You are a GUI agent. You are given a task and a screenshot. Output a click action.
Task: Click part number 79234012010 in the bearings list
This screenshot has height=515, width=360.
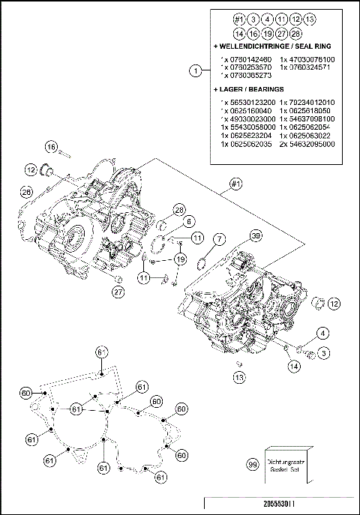tap(307, 101)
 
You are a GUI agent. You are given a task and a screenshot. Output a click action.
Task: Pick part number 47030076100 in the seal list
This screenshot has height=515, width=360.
tap(307, 58)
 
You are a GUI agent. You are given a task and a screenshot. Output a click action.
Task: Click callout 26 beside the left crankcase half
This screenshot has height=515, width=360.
tap(26, 192)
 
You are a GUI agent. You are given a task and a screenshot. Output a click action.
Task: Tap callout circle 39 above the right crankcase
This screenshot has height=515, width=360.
tap(255, 236)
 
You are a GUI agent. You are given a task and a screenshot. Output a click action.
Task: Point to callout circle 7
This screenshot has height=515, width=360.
tap(219, 239)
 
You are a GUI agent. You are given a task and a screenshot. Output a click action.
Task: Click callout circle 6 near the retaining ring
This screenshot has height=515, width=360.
tap(189, 221)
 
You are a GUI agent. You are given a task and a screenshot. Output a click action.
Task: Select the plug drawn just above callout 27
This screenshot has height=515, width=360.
tap(117, 278)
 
